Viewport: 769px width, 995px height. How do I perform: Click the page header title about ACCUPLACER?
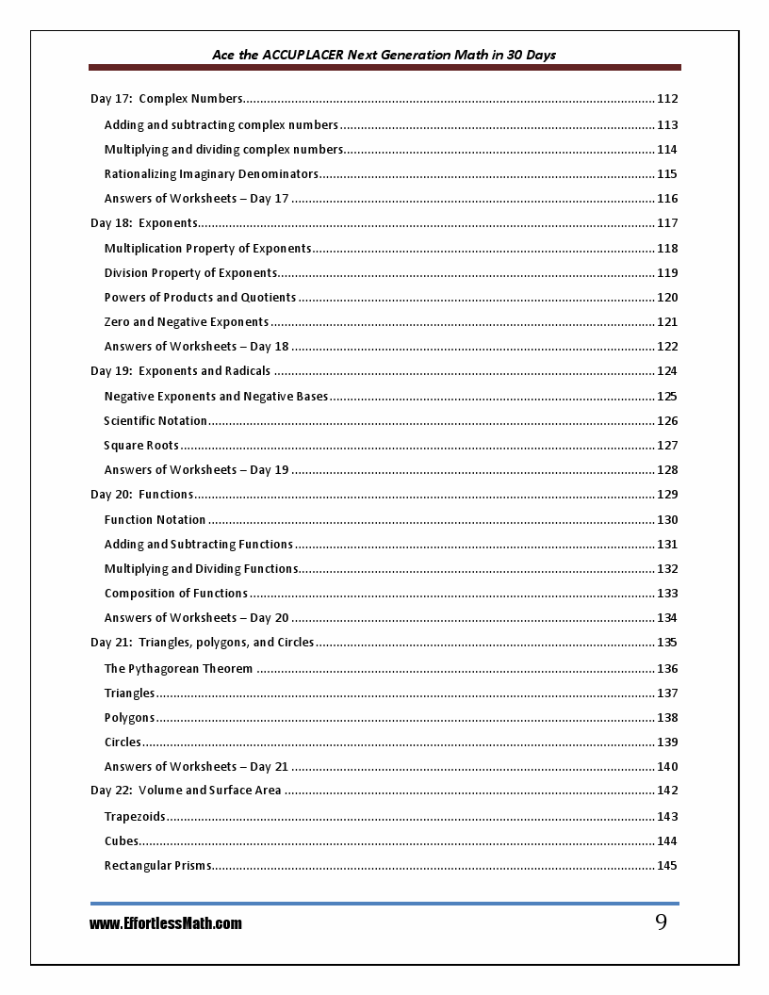click(384, 55)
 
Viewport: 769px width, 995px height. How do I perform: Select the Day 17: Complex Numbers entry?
click(167, 99)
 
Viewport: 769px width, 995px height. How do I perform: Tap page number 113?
click(667, 124)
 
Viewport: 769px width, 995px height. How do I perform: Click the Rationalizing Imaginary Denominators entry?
click(211, 174)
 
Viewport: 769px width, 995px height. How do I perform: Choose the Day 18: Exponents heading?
click(144, 223)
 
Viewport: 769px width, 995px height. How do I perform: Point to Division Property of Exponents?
click(190, 273)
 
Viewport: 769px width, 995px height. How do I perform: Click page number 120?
click(667, 298)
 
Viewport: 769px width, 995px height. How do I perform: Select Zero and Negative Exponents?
click(187, 322)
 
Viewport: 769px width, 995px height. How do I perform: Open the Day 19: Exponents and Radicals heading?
click(180, 371)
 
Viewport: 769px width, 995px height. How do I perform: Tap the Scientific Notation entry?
click(155, 421)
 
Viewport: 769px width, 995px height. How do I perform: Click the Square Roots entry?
click(141, 446)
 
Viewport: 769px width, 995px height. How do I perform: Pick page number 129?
click(667, 495)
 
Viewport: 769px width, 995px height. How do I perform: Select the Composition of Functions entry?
click(176, 594)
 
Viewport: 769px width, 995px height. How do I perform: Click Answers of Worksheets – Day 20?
click(196, 618)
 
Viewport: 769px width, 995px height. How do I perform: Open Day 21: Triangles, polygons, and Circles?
click(203, 643)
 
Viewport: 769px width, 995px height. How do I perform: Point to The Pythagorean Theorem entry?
click(178, 669)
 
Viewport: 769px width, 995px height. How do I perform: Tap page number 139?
click(667, 742)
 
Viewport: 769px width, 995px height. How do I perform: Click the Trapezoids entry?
click(135, 817)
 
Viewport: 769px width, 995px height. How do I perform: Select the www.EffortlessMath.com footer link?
click(166, 923)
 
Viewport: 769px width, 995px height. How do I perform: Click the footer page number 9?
click(661, 922)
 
